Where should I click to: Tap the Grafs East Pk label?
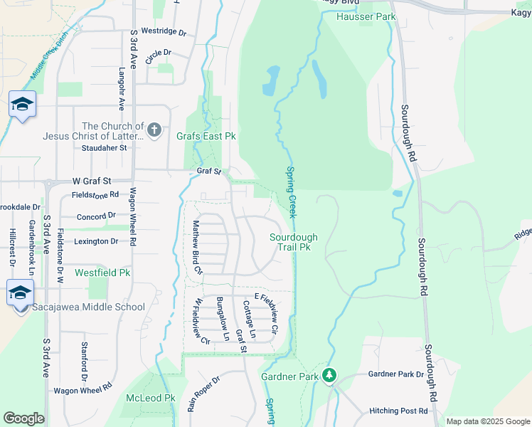click(x=206, y=136)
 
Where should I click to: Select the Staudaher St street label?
click(x=104, y=148)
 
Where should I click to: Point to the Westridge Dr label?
click(x=163, y=32)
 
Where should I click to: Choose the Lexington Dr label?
click(x=96, y=241)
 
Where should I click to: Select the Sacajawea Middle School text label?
click(x=89, y=307)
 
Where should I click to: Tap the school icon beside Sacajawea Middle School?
click(x=20, y=292)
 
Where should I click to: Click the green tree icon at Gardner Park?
click(x=329, y=374)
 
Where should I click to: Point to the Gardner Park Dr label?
click(x=395, y=374)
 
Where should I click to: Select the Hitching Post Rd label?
click(x=399, y=411)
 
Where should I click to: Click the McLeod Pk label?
click(x=150, y=398)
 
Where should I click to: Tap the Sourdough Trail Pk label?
click(x=293, y=242)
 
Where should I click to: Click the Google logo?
click(x=23, y=418)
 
